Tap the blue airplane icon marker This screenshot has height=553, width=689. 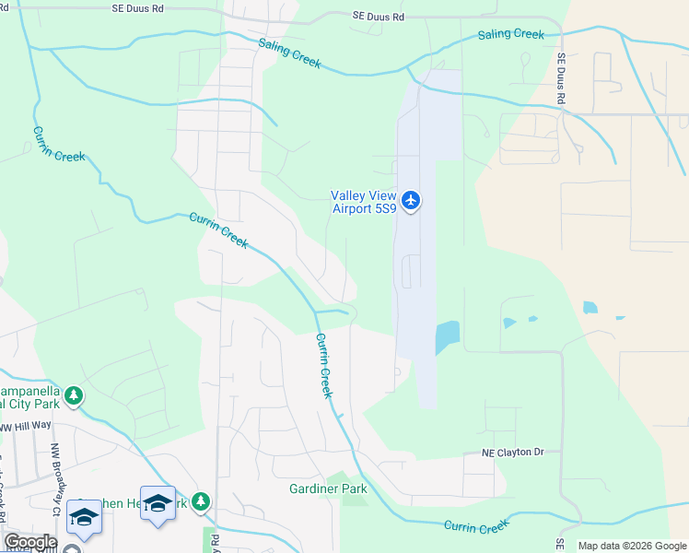point(410,200)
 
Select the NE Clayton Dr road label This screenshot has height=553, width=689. point(513,453)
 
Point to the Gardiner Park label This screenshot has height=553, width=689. point(328,488)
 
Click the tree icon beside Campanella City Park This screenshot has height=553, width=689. point(73,396)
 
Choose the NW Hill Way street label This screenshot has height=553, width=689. point(27,427)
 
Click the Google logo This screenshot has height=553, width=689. point(29,542)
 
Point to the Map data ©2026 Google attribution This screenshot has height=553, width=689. point(632,546)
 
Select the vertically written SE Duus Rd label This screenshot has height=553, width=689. point(560,77)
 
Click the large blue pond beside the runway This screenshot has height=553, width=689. point(446,337)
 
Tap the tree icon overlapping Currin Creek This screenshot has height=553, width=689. point(201,503)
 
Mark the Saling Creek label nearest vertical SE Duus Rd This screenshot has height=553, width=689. point(510,35)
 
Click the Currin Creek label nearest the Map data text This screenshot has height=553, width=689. point(476,526)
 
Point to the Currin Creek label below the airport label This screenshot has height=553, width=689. point(324,365)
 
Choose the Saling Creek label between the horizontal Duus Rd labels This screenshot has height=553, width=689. point(289,53)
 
